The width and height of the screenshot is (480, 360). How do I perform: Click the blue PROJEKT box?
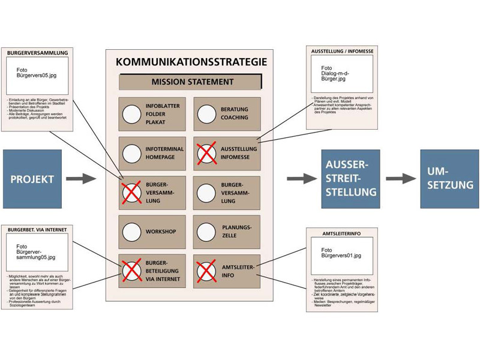tap(32, 179)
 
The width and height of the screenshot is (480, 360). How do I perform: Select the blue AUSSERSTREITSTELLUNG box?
tap(350, 179)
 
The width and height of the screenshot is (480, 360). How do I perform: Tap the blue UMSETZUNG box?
tap(449, 179)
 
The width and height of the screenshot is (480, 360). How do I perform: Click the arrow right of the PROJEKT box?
tap(80, 179)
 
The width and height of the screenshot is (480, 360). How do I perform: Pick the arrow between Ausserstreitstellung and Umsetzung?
tap(400, 179)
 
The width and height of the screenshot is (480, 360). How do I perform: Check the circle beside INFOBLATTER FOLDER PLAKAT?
tap(131, 114)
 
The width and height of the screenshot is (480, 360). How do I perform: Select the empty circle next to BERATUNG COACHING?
tap(206, 114)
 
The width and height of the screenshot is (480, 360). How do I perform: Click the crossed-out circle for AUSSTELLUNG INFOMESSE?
tap(206, 154)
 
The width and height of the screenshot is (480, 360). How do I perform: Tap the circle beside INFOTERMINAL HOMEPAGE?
tap(131, 154)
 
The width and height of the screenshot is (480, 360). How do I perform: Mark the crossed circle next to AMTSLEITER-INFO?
tap(206, 271)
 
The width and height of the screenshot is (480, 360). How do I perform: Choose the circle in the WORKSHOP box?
tap(131, 232)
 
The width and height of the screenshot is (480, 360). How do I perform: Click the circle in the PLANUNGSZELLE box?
tap(206, 232)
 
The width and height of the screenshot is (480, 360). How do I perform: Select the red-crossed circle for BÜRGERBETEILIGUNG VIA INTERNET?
tap(131, 271)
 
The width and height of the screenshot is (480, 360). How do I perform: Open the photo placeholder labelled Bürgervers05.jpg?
tap(37, 75)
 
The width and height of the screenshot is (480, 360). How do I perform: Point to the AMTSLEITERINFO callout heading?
tap(342, 232)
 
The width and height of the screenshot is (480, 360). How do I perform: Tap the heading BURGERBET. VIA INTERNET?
tap(37, 229)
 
